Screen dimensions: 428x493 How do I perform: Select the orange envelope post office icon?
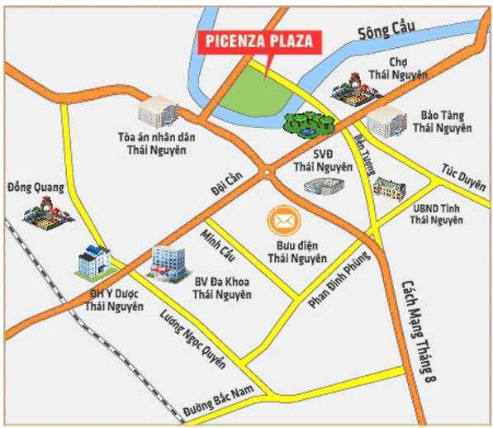click(x=284, y=221)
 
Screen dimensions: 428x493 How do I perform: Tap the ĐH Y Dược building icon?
click(x=92, y=263)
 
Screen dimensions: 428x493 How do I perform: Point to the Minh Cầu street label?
click(x=216, y=245)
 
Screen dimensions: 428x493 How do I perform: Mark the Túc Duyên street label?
click(x=459, y=171)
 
